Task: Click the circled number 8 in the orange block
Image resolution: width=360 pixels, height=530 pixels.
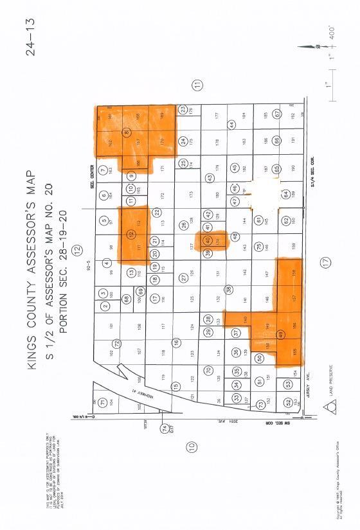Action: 127,133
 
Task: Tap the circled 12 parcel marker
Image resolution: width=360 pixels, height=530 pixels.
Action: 132,234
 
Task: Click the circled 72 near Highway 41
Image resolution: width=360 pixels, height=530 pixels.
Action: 117,344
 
